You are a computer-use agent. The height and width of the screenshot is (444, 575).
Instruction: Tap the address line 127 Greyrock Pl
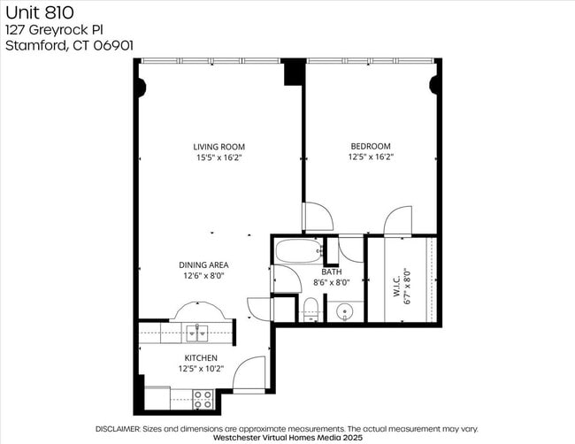pyautogui.click(x=55, y=29)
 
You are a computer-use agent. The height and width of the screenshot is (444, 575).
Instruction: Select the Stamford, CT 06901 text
pyautogui.click(x=70, y=45)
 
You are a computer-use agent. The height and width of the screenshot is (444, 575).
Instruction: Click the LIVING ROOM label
pyautogui.click(x=218, y=147)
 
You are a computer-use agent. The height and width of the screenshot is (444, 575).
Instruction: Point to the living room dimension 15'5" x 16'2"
pyautogui.click(x=218, y=157)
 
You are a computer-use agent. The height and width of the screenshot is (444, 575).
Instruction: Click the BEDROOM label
pyautogui.click(x=370, y=147)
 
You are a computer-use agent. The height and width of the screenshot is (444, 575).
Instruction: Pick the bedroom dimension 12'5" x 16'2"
pyautogui.click(x=370, y=157)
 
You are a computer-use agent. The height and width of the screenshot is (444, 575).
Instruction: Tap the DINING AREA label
pyautogui.click(x=204, y=264)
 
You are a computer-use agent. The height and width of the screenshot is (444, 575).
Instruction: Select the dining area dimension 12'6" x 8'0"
pyautogui.click(x=204, y=276)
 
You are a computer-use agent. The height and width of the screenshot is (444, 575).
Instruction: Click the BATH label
pyautogui.click(x=343, y=272)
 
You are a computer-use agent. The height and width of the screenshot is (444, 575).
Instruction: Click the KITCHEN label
pyautogui.click(x=200, y=358)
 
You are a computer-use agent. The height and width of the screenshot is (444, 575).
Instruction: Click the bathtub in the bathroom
pyautogui.click(x=298, y=251)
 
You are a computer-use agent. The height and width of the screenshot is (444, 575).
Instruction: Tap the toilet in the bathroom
pyautogui.click(x=310, y=310)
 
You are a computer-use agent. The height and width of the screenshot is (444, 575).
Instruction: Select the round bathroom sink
pyautogui.click(x=345, y=311)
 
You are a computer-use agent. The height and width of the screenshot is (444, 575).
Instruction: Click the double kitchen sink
pyautogui.click(x=197, y=333)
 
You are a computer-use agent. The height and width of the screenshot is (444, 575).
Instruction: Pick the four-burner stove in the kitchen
pyautogui.click(x=203, y=400)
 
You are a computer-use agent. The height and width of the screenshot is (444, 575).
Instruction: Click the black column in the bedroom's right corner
pyautogui.click(x=434, y=86)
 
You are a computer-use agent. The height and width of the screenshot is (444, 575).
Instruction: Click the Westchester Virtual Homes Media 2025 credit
pyautogui.click(x=288, y=437)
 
